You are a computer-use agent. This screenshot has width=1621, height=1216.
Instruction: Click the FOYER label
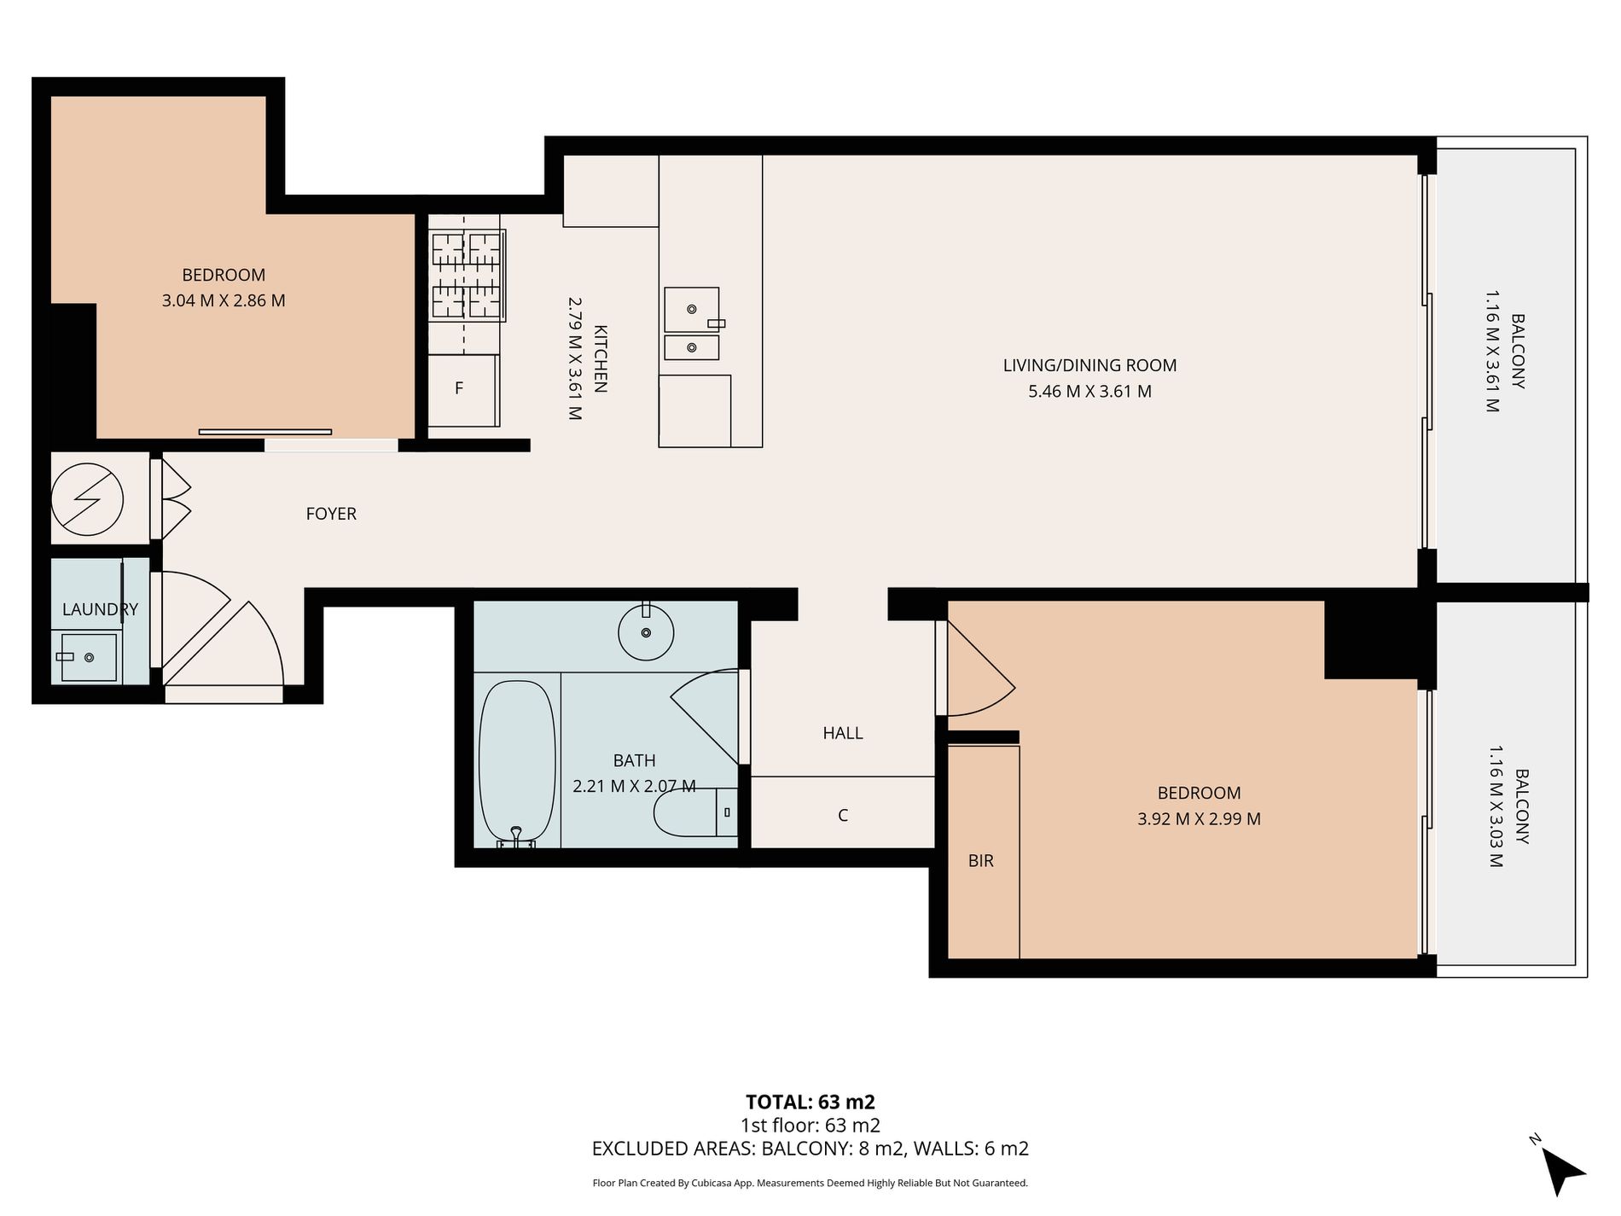[x=331, y=514]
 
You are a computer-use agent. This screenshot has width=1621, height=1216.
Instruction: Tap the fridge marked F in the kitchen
[x=463, y=390]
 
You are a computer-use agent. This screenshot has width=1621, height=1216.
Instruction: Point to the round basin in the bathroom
[x=646, y=632]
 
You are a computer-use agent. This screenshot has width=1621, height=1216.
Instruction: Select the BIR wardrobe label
[x=981, y=861]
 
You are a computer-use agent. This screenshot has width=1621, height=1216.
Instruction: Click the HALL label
[x=843, y=733]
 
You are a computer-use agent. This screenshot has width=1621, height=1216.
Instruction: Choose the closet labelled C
[x=843, y=812]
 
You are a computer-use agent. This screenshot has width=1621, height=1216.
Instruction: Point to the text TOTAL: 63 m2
[x=810, y=1102]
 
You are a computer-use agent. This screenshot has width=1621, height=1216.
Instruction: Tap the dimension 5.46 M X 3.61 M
[x=1090, y=392]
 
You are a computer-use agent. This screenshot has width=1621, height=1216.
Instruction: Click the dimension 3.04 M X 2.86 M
[x=224, y=300]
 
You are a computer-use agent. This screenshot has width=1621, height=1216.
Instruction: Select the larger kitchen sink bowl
[x=692, y=309]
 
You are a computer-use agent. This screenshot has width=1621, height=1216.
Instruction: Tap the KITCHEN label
[x=600, y=358]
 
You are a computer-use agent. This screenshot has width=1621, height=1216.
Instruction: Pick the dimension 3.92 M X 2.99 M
[x=1199, y=819]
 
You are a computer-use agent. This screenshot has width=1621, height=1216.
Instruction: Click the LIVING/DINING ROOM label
[x=1090, y=365]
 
